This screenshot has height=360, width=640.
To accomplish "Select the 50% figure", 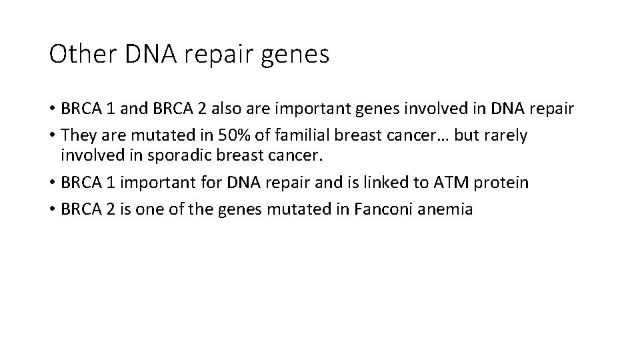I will pos(227,135).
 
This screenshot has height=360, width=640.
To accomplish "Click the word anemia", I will pos(449,209).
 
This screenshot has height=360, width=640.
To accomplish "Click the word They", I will pos(77,135).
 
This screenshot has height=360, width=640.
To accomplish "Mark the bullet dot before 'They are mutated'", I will pos(53,136).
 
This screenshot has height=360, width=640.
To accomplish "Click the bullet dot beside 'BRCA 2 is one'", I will pos(53,210).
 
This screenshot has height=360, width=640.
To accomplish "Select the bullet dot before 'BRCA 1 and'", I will pos(53,109).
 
